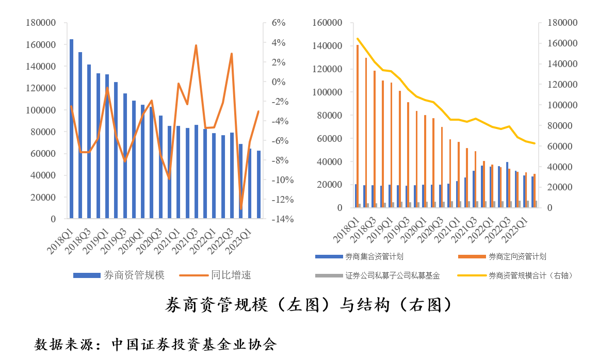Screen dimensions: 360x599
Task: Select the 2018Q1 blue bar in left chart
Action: point(71,129)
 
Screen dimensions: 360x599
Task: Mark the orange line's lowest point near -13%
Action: point(241,208)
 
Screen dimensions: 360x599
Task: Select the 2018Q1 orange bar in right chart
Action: point(358,126)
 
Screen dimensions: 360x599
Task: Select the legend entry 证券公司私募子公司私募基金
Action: point(393,275)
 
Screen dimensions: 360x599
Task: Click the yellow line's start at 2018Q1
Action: point(358,39)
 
